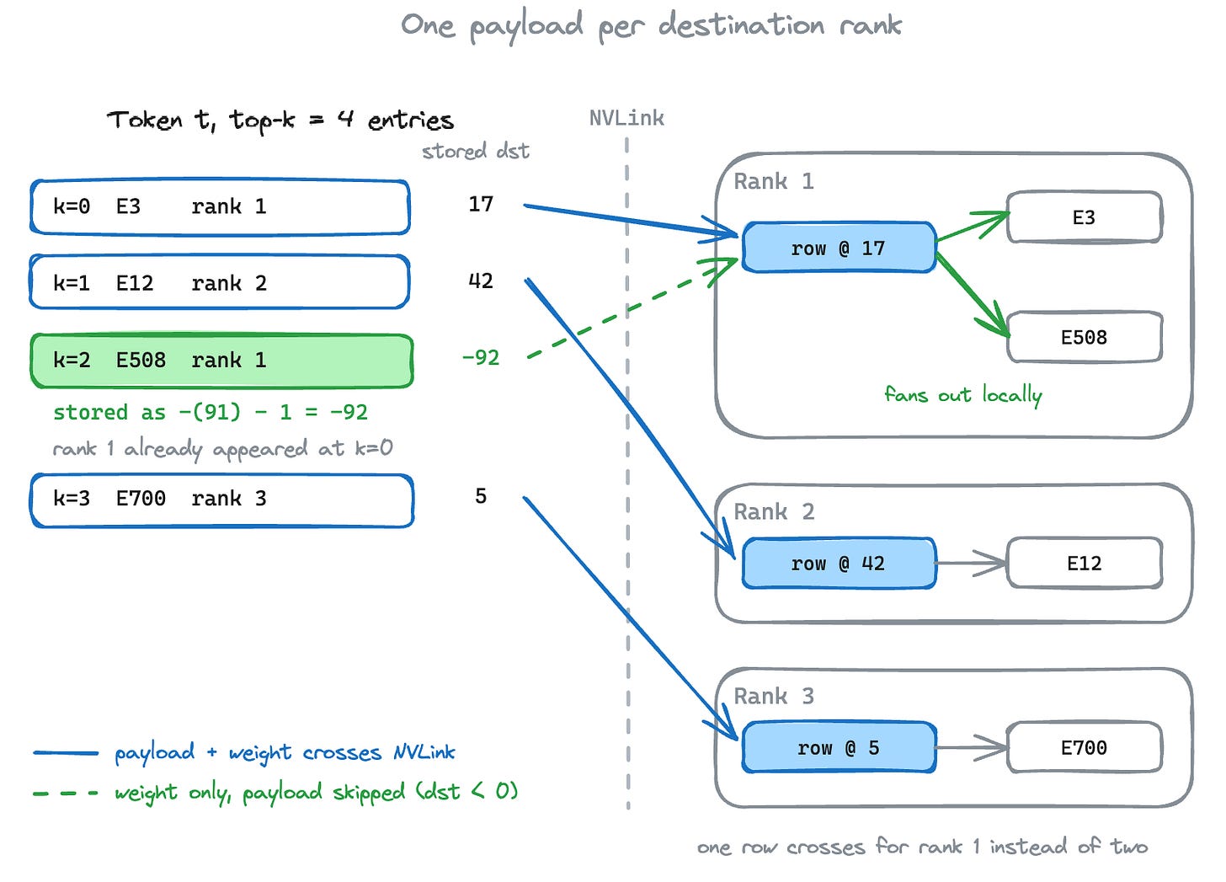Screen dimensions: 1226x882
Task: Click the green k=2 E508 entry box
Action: [221, 361]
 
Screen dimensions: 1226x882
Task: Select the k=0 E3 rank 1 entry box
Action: [220, 207]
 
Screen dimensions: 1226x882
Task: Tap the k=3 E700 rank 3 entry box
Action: [221, 500]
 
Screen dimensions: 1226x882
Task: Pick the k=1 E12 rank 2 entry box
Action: [220, 282]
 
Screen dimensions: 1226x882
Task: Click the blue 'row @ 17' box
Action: [839, 247]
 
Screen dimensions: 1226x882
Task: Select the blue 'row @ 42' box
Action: [839, 563]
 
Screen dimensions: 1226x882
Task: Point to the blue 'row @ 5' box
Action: [839, 747]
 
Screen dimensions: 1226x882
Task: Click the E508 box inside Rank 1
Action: [1085, 337]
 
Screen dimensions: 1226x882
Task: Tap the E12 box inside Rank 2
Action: [1085, 563]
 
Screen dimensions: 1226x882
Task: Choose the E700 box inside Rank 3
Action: [1085, 747]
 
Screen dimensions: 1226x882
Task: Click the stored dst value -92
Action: [481, 358]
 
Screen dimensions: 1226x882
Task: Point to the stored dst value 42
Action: [481, 281]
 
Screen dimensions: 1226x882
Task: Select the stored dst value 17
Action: [481, 204]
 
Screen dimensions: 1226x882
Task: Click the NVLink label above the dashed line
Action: [626, 118]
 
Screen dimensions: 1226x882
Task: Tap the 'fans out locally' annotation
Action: [963, 395]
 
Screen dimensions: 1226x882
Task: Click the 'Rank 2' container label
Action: [774, 512]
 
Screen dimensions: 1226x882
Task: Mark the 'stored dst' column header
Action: [476, 151]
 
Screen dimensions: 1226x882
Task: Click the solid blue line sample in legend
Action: [66, 753]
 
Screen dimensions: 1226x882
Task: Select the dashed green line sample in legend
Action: [66, 793]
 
